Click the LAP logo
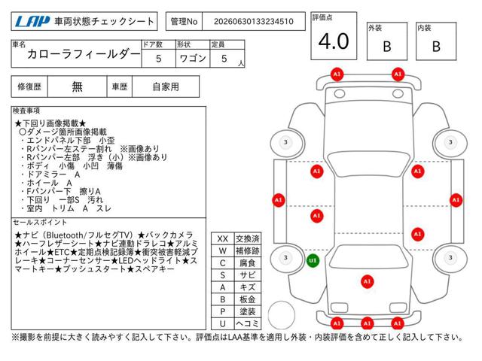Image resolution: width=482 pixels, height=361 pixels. click(x=32, y=22)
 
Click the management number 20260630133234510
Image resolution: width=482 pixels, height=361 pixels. click(x=254, y=22)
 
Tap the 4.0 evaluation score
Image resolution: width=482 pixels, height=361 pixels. click(x=334, y=41)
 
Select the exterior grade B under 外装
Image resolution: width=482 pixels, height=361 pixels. click(x=387, y=47)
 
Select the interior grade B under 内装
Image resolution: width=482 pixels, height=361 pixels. click(x=436, y=47)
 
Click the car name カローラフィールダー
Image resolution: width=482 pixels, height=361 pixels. click(x=84, y=54)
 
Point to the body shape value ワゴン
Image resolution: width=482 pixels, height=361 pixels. click(x=193, y=59)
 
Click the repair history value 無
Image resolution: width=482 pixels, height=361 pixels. click(x=77, y=87)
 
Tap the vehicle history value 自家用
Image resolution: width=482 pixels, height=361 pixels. click(x=166, y=87)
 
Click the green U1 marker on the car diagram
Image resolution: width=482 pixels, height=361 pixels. click(x=313, y=261)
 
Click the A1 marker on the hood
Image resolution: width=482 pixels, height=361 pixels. click(x=367, y=281)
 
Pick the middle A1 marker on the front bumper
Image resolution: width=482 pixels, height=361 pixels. click(x=367, y=323)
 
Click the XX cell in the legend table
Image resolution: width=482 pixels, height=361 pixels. click(x=223, y=238)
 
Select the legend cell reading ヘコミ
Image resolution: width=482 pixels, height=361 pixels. click(x=248, y=323)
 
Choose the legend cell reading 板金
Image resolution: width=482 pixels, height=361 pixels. click(x=248, y=299)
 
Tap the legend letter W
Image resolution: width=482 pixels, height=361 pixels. click(x=223, y=250)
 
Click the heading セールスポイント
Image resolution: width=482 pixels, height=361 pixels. click(x=40, y=223)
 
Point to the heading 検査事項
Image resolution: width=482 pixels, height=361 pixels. click(x=26, y=111)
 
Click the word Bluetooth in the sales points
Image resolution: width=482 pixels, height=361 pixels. click(x=66, y=235)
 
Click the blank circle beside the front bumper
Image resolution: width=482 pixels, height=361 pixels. click(x=281, y=315)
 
